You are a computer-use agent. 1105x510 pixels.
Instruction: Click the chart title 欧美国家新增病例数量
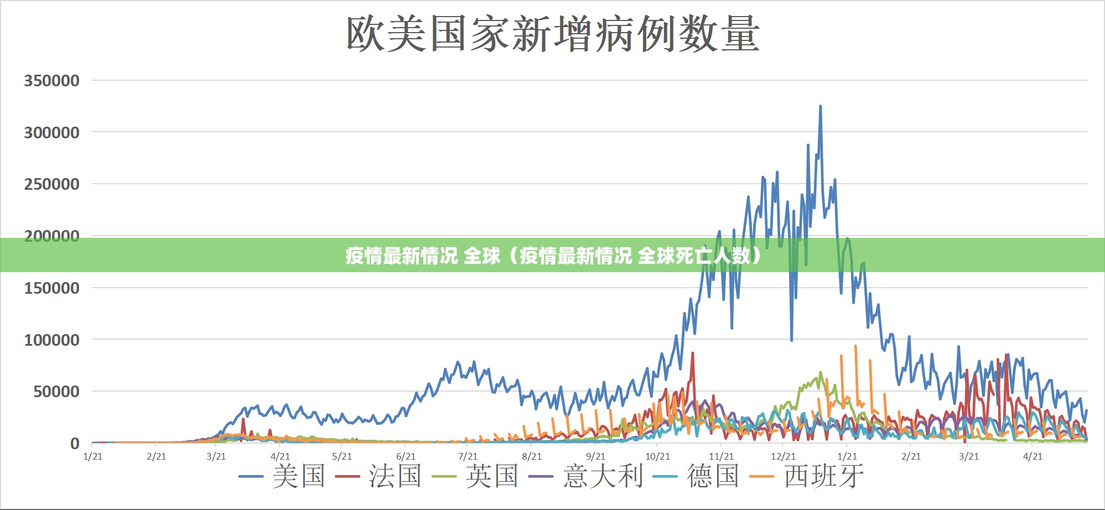[553, 34]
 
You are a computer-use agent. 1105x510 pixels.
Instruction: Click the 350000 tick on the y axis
[51, 81]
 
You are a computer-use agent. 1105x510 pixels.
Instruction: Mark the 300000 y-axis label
[51, 133]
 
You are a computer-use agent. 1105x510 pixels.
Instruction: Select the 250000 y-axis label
[51, 184]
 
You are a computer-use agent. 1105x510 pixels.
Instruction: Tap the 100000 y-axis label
[51, 340]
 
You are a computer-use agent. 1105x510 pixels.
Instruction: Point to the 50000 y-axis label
[56, 392]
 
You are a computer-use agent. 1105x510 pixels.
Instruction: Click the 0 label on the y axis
[75, 444]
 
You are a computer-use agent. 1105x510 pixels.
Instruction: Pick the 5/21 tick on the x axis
[342, 456]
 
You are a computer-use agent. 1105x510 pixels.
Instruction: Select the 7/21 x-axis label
[468, 456]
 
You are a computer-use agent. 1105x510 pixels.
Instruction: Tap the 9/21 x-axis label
[595, 456]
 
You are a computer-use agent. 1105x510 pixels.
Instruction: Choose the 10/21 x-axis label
[657, 456]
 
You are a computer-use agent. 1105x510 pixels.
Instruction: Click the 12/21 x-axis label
[783, 456]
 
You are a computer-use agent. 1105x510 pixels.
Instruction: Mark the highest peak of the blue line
[820, 107]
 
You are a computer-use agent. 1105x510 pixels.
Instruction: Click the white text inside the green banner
[553, 256]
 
